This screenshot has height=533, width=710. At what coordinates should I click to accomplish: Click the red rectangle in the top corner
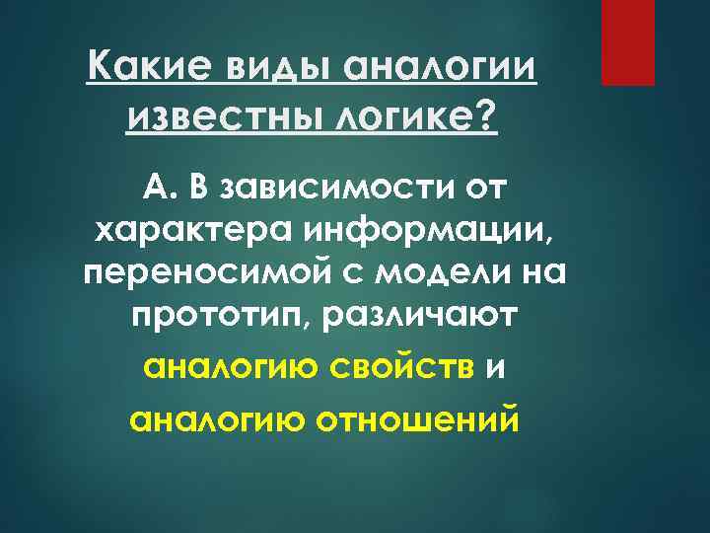(x=628, y=42)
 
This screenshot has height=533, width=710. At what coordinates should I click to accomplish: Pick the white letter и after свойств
(x=497, y=369)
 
